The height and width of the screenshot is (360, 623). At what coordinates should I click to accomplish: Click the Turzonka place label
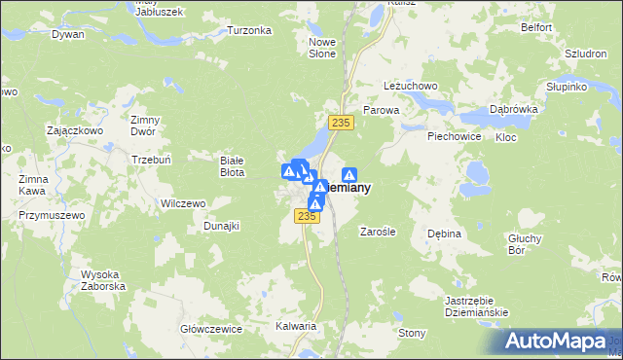pos(249,30)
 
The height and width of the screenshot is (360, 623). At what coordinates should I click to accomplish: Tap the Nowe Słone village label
pos(322,48)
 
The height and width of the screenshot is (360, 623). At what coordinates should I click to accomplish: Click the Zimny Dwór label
pos(144,126)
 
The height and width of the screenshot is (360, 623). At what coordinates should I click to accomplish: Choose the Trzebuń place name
pos(151,160)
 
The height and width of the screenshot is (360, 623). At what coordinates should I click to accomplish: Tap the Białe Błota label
pos(232,165)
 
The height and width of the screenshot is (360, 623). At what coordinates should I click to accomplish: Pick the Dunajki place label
pos(221,225)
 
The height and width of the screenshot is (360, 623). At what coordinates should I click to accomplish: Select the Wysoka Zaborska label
pos(100,280)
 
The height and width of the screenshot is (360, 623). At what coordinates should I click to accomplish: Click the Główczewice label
pos(210,329)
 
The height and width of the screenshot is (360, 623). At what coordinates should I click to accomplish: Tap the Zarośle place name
pos(377,232)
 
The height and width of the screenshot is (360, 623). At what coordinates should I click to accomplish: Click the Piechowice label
pos(455,136)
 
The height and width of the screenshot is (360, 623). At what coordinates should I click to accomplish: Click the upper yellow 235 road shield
pos(340,122)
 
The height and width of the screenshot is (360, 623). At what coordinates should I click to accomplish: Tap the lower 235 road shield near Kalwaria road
pos(309,216)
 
